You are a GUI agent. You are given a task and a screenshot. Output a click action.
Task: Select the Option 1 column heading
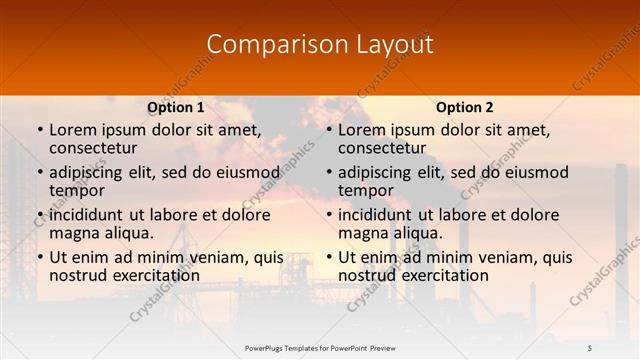point(176,107)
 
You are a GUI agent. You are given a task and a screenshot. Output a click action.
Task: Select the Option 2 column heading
point(465,107)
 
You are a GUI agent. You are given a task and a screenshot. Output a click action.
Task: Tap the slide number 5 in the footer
point(590,347)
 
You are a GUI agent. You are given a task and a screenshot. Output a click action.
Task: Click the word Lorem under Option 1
point(72,129)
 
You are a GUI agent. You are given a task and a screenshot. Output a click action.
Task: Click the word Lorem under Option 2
point(361,129)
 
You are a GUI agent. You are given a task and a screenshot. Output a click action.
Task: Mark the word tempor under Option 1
point(77,189)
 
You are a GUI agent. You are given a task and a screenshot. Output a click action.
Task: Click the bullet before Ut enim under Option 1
point(39,258)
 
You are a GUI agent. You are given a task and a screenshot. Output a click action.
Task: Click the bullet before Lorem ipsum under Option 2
point(328,130)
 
